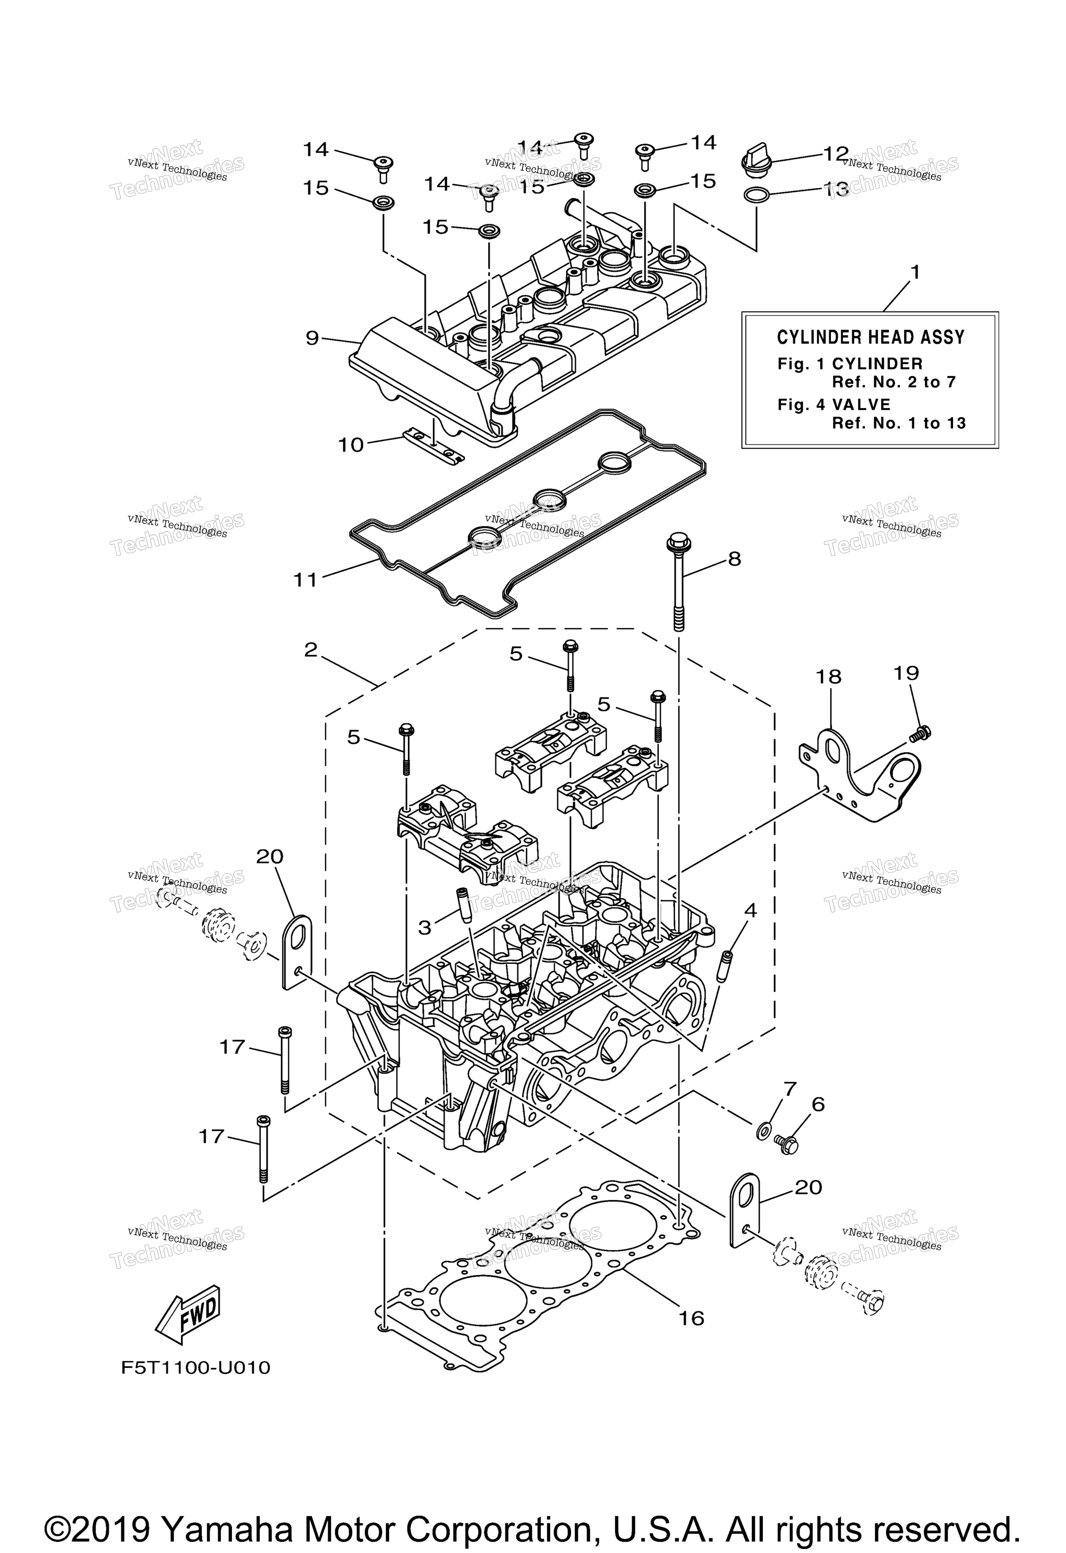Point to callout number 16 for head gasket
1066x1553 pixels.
click(692, 1319)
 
